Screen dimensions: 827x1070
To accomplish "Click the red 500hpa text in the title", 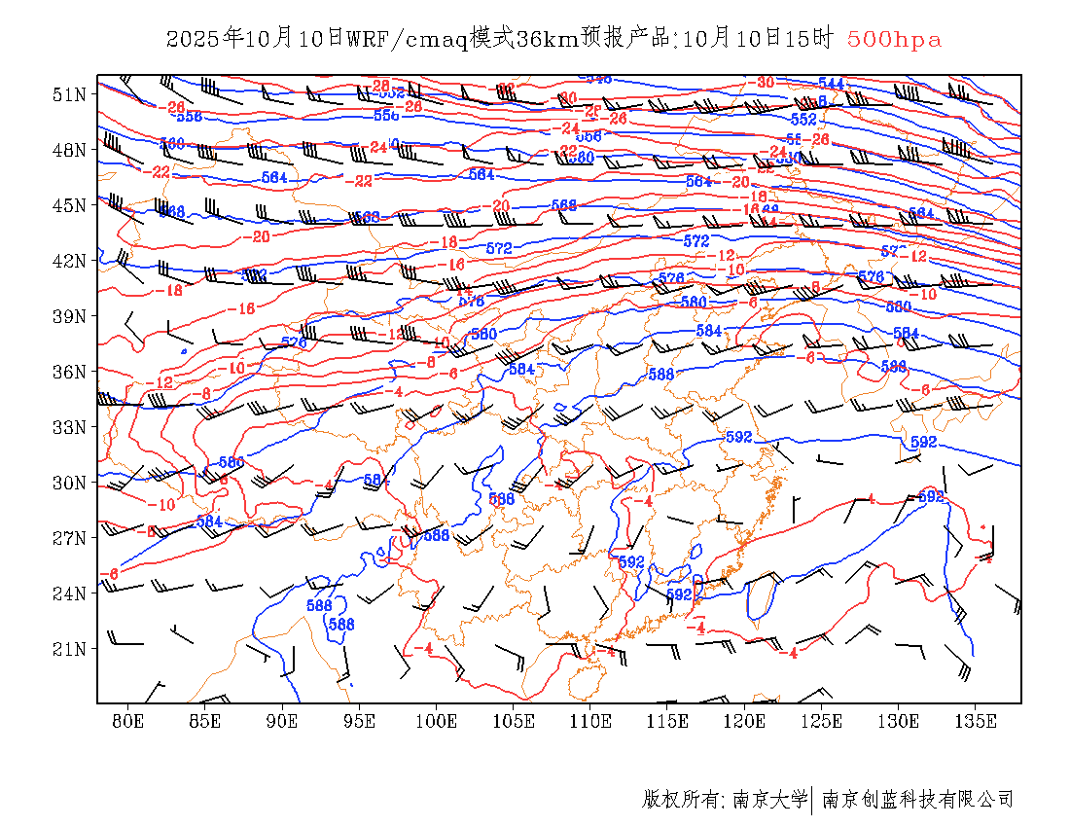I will [894, 39].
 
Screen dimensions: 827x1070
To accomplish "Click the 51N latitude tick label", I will [69, 94].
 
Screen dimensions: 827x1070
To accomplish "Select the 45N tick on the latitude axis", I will [69, 205].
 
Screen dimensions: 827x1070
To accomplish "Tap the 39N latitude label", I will [69, 316].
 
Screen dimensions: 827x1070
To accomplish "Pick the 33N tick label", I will [69, 427].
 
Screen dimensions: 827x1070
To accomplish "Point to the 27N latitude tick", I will [69, 538].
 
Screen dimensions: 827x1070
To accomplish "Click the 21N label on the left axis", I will [69, 649].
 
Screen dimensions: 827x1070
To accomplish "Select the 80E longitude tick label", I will [128, 721].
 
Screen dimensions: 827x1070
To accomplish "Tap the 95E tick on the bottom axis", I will [360, 721].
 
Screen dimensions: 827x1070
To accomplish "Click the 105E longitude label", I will [514, 721].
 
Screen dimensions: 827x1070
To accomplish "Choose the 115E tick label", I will [668, 721].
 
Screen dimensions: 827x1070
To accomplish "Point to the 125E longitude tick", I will [822, 721].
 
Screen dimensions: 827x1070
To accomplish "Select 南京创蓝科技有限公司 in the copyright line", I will [918, 800].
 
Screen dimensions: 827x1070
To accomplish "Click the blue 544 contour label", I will [831, 84].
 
